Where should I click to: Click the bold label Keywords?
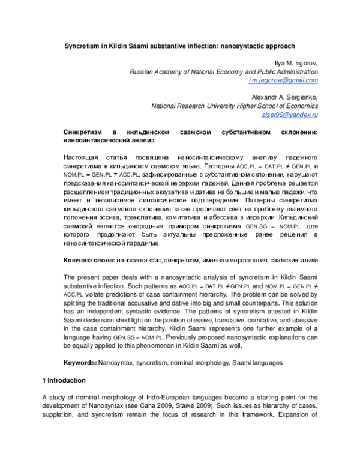(80, 364)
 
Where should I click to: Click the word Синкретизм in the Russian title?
(85, 132)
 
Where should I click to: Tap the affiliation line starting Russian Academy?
(224, 71)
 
